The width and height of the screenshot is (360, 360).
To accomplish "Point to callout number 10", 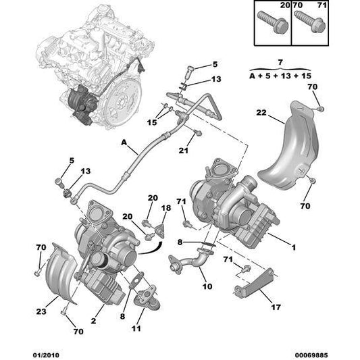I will click(207, 286).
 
